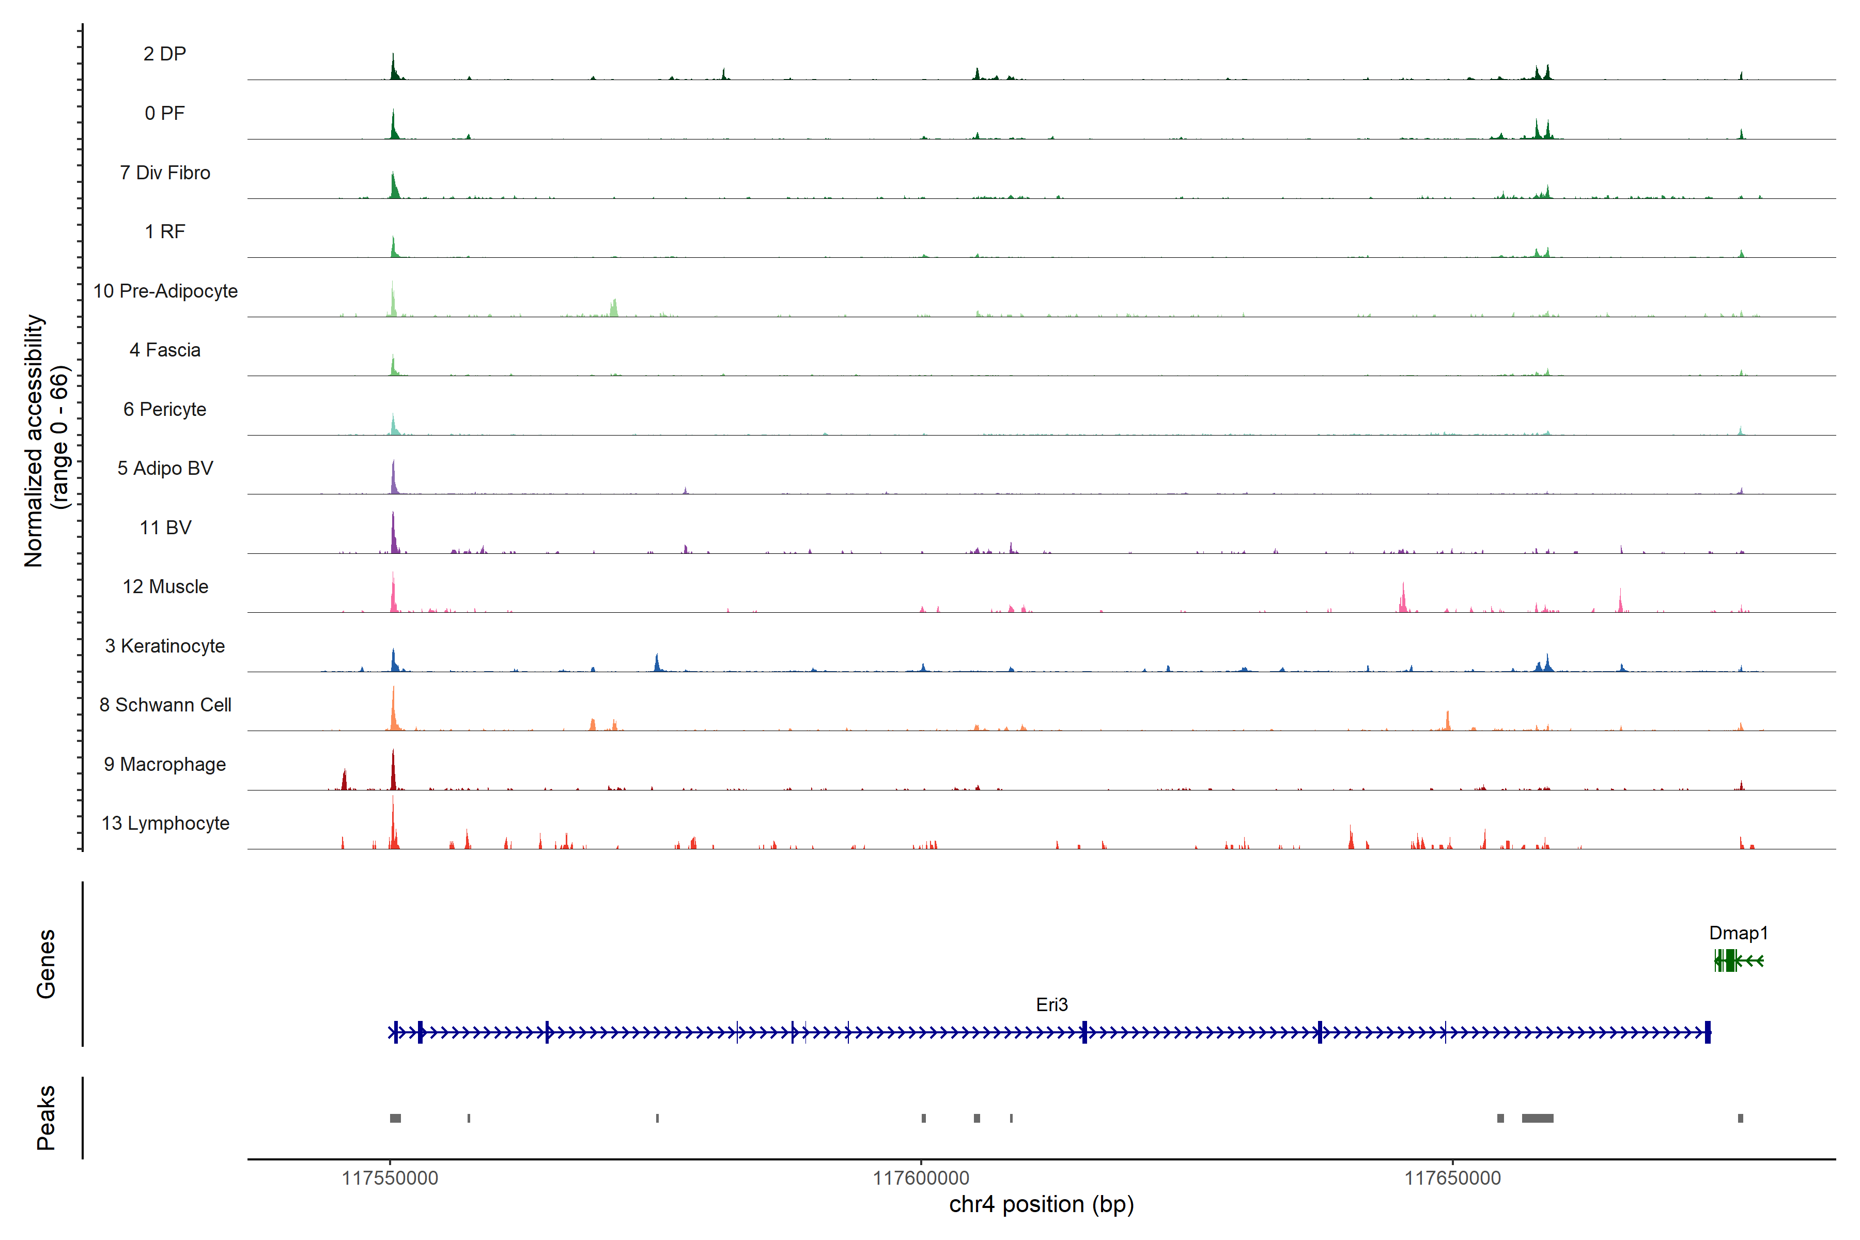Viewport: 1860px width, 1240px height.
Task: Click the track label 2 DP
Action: [x=164, y=54]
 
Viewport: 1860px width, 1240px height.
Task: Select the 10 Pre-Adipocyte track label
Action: [x=165, y=291]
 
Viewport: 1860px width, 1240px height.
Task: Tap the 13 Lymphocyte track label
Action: [x=165, y=823]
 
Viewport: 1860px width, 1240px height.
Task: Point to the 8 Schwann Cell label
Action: [x=165, y=705]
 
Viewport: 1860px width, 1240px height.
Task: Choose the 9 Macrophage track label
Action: [x=164, y=764]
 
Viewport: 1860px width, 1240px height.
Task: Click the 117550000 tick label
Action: [x=390, y=1179]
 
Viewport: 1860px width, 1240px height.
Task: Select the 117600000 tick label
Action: [x=921, y=1179]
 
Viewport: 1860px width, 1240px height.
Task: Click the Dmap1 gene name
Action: [x=1738, y=933]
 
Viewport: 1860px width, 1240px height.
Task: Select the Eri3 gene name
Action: [x=1052, y=1005]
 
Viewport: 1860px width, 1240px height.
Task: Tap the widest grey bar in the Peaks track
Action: [x=1538, y=1118]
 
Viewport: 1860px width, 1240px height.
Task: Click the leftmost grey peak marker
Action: [x=395, y=1118]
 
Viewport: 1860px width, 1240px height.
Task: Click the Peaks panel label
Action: [x=46, y=1118]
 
